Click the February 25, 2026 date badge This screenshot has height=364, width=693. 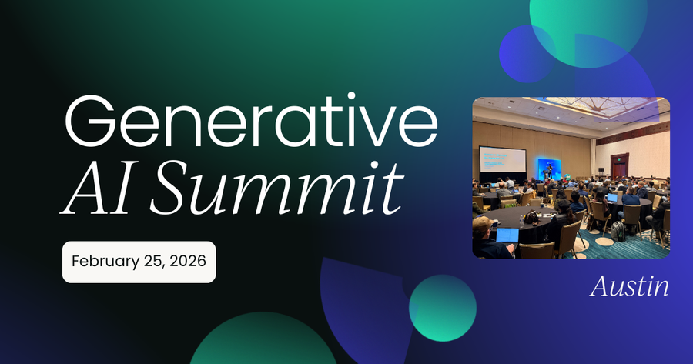139,261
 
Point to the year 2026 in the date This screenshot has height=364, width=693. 188,261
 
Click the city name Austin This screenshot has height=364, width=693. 629,286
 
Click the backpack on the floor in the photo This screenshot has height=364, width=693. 618,230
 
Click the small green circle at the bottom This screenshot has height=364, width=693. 442,308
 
